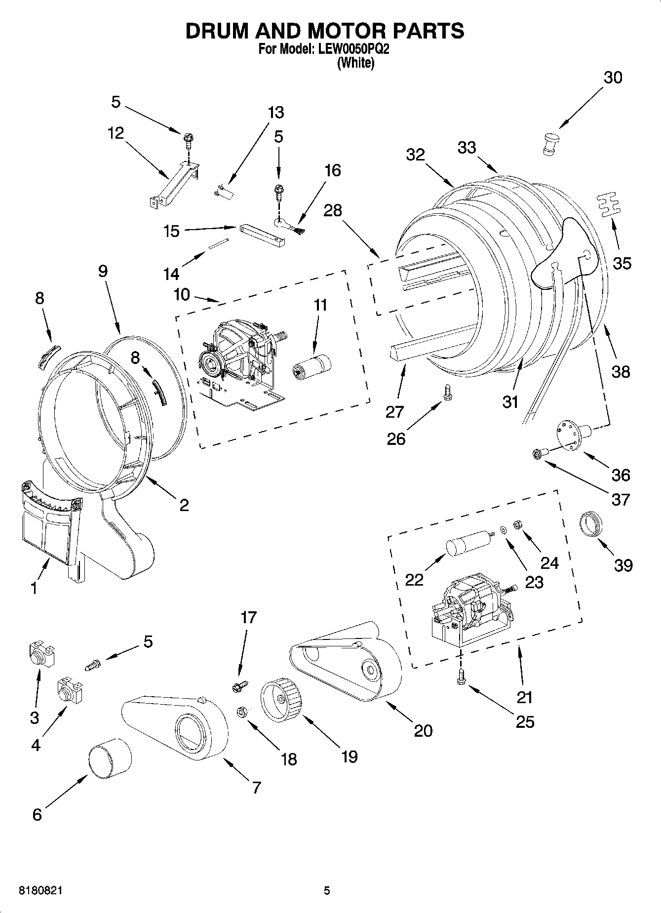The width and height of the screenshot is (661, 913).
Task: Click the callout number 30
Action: pyautogui.click(x=613, y=78)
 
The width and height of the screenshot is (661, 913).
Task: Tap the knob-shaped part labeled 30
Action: pyautogui.click(x=552, y=143)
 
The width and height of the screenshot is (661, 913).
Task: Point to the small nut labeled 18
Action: pyautogui.click(x=242, y=712)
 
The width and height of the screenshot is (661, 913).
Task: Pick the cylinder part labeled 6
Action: pyautogui.click(x=110, y=760)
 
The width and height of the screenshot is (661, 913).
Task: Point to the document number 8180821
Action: pyautogui.click(x=40, y=891)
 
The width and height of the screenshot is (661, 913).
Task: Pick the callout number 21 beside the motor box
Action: pyautogui.click(x=524, y=697)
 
